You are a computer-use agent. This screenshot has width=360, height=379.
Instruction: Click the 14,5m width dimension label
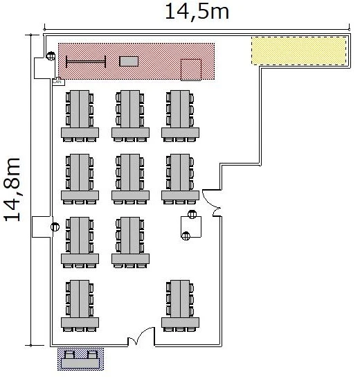click(x=197, y=12)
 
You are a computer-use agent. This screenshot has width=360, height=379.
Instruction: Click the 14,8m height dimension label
click(x=12, y=189)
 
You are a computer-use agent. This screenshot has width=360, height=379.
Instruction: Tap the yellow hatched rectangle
click(x=298, y=51)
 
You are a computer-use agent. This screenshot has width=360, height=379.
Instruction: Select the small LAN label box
click(x=59, y=82)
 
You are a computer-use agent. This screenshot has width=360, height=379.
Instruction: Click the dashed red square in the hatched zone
click(x=191, y=69)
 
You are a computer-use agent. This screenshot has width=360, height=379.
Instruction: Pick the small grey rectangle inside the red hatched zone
click(x=129, y=61)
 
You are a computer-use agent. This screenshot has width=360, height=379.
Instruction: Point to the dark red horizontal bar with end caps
click(x=86, y=62)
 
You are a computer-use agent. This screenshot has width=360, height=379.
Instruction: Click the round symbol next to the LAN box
click(x=51, y=56)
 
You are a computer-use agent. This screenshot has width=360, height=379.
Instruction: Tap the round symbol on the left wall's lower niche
click(x=55, y=227)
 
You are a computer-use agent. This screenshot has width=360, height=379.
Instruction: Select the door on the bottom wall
click(x=141, y=336)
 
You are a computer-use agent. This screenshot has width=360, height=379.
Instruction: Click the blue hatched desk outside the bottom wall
click(x=80, y=359)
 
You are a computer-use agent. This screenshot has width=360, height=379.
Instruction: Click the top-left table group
click(x=80, y=116)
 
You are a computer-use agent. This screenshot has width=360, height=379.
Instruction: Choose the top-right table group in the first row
click(x=180, y=116)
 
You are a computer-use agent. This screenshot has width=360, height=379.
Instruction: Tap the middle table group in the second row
click(x=130, y=179)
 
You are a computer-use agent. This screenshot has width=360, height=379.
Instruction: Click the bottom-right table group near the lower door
click(x=180, y=306)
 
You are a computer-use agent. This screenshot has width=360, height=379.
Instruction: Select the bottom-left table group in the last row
click(x=80, y=306)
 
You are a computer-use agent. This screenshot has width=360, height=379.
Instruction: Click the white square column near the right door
click(x=191, y=227)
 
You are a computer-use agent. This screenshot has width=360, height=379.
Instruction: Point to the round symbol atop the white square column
click(x=192, y=214)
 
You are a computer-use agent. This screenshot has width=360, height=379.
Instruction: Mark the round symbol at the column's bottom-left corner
click(x=186, y=236)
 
